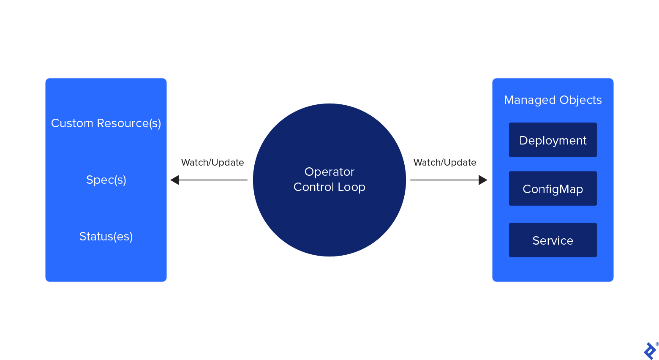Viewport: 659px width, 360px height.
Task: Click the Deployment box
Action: click(553, 140)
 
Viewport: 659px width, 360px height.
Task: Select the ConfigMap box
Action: click(553, 188)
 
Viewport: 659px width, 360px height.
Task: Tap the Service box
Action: click(553, 240)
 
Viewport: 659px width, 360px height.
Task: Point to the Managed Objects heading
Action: click(553, 100)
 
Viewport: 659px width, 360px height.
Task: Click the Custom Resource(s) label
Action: click(106, 123)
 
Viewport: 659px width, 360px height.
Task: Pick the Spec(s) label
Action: click(106, 180)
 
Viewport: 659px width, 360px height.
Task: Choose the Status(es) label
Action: click(106, 237)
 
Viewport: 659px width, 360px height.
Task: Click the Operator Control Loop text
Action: click(329, 180)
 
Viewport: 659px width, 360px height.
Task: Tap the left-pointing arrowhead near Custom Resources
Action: click(175, 180)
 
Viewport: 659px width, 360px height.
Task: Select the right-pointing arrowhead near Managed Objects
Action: click(483, 180)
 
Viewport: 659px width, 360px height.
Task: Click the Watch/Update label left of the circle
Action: click(212, 163)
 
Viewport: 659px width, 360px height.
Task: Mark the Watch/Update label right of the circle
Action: click(445, 163)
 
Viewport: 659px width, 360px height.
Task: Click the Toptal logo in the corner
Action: click(650, 351)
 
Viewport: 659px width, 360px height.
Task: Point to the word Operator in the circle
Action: click(329, 172)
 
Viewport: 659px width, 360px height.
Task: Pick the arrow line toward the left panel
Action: click(213, 180)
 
